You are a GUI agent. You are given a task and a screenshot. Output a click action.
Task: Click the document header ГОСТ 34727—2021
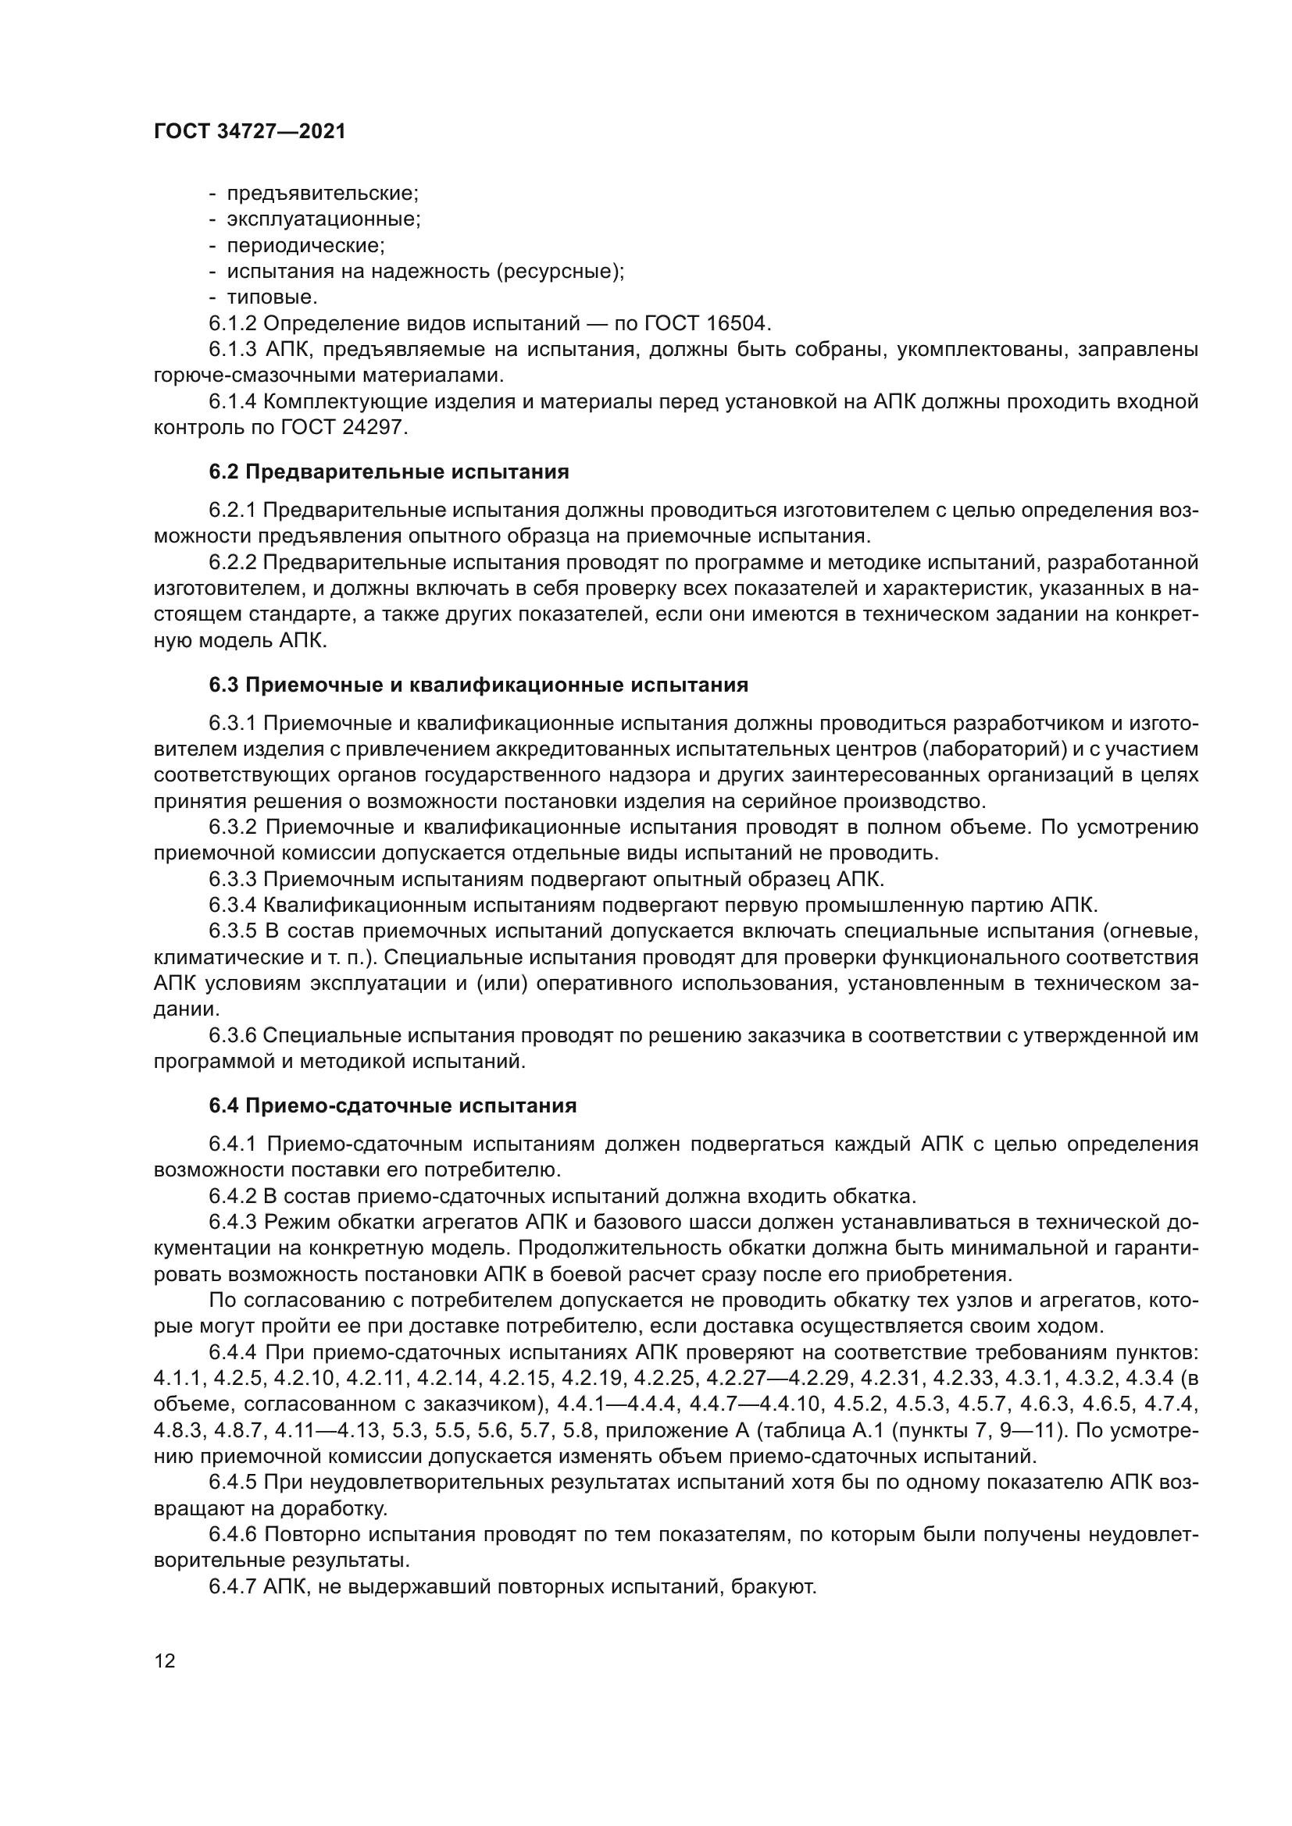[x=250, y=132]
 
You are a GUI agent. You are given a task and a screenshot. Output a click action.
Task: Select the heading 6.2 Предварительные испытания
[x=389, y=472]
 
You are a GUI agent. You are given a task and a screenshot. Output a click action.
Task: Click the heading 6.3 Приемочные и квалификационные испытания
[x=478, y=685]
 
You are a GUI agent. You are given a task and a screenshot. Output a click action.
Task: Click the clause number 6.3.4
[x=233, y=905]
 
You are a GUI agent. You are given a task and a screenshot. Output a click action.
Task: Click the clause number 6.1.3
[x=233, y=350]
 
